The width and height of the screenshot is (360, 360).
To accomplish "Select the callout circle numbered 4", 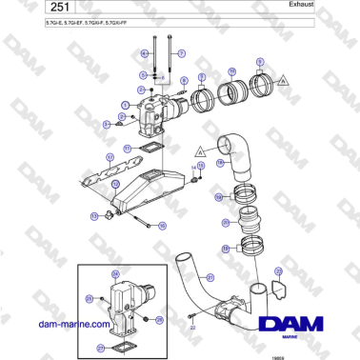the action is tap(146, 53).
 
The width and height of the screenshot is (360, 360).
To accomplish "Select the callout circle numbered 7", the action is tap(182, 53).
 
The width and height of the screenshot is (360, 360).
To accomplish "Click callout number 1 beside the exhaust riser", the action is tap(126, 102).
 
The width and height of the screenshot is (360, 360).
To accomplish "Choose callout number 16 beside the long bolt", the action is tap(162, 226).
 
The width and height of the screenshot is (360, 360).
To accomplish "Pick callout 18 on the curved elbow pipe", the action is tap(221, 163).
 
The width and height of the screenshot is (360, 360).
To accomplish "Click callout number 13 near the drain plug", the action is tap(94, 216).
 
